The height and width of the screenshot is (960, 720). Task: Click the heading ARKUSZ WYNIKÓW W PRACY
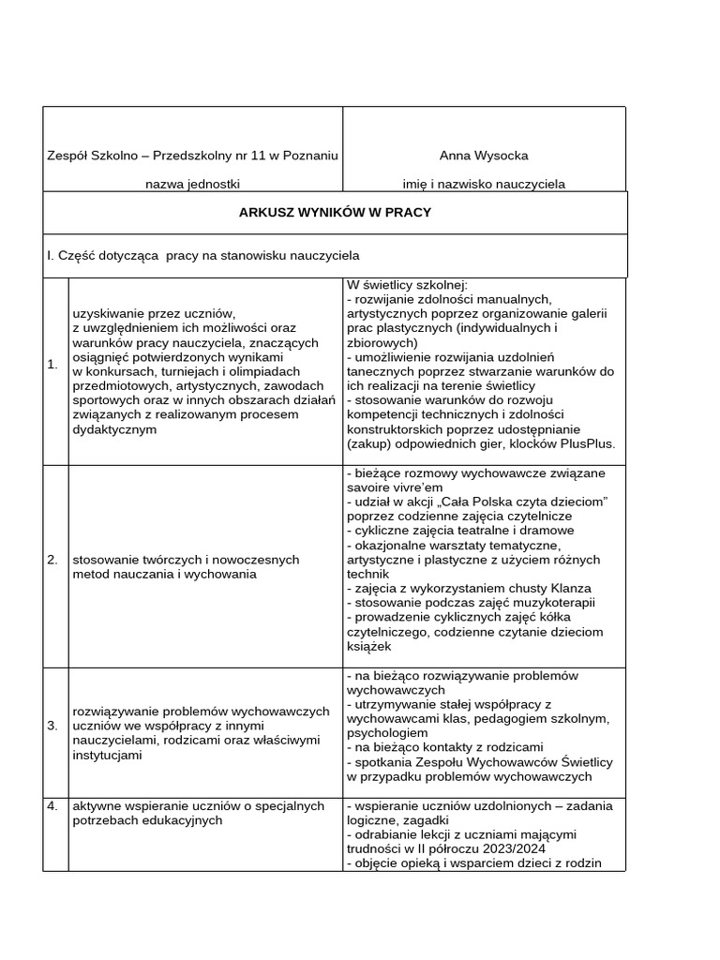(x=335, y=212)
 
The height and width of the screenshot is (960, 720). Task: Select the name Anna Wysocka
(x=484, y=155)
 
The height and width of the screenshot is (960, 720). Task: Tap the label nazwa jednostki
(x=192, y=184)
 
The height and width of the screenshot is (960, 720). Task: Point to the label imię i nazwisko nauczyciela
(x=484, y=184)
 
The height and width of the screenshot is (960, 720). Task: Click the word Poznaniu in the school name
(x=309, y=155)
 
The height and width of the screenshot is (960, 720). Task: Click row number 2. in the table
(x=52, y=560)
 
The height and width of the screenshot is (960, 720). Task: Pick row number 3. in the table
(x=52, y=726)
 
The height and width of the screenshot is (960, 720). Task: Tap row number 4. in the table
(x=52, y=805)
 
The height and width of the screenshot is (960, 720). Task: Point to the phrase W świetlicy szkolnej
(x=406, y=285)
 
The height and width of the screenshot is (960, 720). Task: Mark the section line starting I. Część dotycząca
(x=202, y=255)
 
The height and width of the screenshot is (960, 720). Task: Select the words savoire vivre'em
(x=394, y=487)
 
